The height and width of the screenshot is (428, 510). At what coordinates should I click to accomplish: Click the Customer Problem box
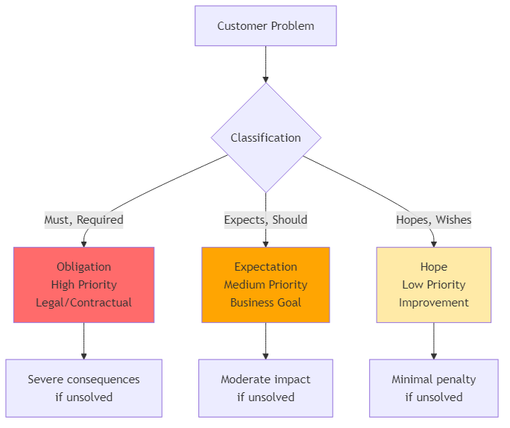265,26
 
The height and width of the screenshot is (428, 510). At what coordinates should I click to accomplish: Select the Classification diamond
265,138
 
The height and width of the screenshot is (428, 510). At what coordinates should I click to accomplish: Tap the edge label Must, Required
84,220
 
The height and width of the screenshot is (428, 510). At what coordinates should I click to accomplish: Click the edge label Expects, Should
265,220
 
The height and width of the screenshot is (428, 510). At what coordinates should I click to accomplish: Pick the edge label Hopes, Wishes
433,220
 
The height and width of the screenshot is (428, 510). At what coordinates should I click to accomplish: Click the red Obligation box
84,285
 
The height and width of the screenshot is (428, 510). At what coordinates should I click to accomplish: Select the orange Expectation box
265,285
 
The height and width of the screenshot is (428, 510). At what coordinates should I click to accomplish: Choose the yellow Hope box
433,285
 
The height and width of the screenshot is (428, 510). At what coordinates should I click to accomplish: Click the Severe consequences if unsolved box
84,388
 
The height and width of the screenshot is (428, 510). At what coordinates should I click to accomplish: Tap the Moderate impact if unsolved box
265,388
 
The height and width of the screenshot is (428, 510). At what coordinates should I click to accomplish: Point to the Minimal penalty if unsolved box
433,388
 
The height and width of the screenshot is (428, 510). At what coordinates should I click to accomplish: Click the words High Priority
84,285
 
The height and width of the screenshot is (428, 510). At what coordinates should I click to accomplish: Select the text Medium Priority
265,285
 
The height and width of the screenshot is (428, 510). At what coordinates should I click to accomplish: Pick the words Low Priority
433,285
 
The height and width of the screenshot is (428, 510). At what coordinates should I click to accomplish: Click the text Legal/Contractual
84,303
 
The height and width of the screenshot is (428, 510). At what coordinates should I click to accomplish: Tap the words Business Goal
265,303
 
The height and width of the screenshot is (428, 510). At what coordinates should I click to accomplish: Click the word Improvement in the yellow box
433,303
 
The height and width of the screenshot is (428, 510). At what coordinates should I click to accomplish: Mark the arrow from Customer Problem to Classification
265,64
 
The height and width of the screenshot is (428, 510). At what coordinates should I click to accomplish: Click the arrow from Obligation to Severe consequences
84,341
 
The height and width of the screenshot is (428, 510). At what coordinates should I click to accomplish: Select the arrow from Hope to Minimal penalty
433,341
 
